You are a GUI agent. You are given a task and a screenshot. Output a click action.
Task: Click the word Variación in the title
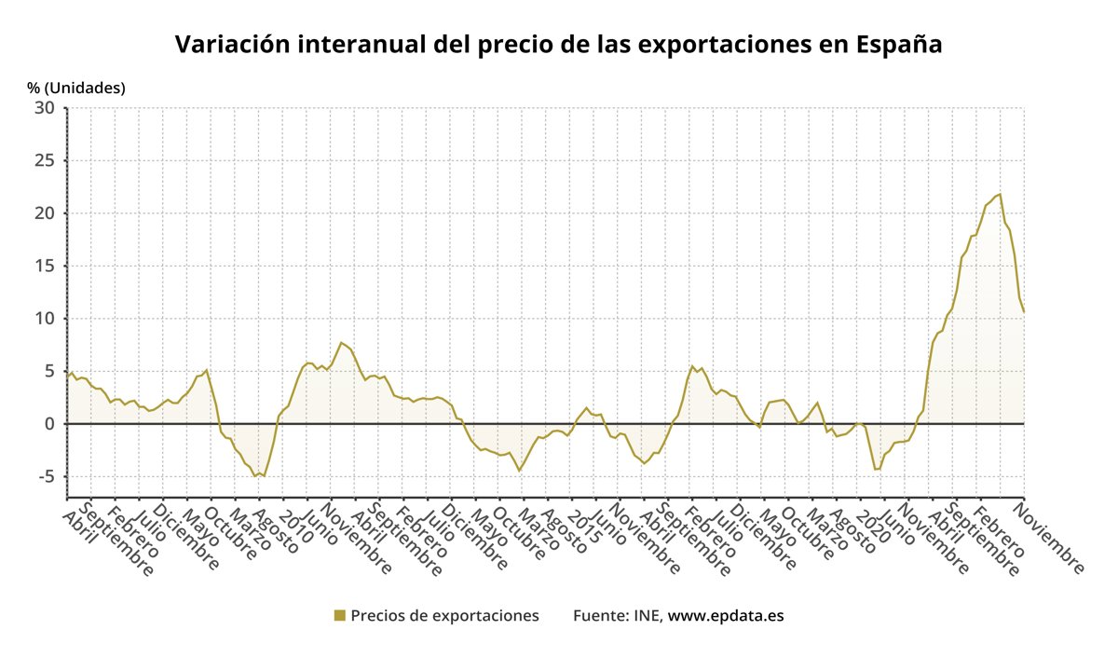click(x=231, y=45)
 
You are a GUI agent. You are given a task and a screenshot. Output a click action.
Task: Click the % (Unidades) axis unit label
click(x=75, y=88)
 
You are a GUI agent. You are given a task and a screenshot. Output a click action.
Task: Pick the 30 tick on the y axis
click(x=46, y=108)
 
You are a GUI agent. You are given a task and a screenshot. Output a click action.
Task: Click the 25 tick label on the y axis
click(x=46, y=161)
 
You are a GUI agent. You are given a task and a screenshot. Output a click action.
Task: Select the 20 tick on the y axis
click(x=46, y=213)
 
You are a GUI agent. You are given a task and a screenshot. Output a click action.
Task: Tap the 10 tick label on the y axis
click(x=46, y=319)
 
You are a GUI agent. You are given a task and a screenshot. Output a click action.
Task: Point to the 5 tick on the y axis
click(x=50, y=371)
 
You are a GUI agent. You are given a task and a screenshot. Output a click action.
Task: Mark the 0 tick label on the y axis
click(x=50, y=424)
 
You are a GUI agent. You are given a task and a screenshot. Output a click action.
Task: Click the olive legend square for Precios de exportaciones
click(x=339, y=615)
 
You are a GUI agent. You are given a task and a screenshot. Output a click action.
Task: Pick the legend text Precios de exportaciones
click(x=444, y=616)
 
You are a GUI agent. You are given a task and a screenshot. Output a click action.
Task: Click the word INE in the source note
click(x=648, y=616)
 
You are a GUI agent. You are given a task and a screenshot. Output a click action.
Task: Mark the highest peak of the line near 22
click(x=1000, y=194)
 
